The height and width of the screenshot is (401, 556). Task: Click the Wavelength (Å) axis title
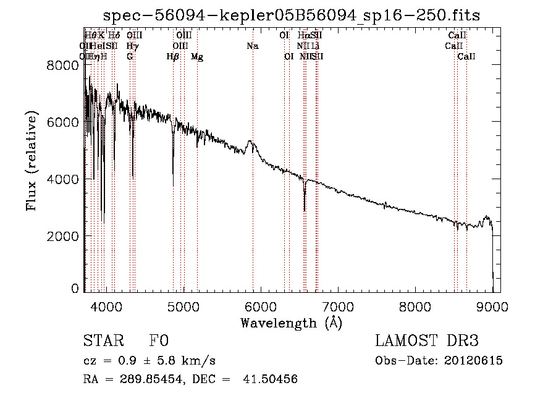click(291, 323)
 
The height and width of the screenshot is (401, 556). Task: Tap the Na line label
click(252, 46)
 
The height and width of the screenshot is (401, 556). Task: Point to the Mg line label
click(197, 57)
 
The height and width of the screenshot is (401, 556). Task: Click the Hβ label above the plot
click(172, 57)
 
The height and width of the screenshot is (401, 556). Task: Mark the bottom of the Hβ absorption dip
click(173, 185)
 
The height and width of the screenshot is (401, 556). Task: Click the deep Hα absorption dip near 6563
click(304, 210)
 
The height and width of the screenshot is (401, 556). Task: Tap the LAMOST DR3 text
click(427, 341)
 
